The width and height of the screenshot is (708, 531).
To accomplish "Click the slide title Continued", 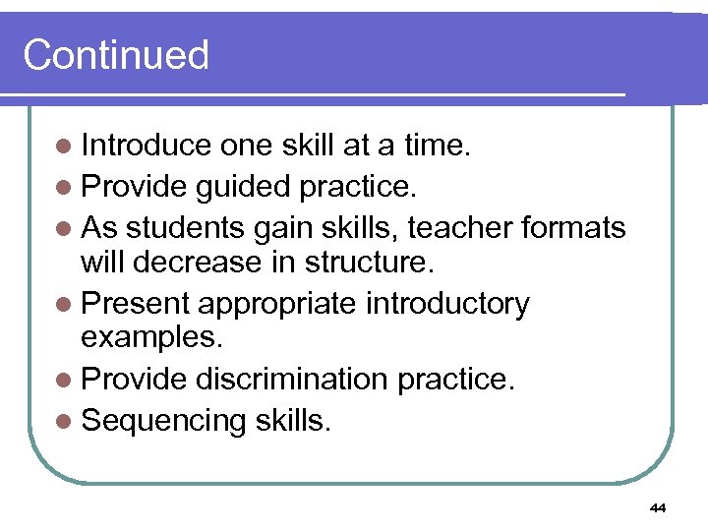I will [116, 55].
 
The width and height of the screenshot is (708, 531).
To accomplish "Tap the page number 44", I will [658, 507].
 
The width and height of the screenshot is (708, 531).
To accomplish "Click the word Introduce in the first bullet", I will [147, 146].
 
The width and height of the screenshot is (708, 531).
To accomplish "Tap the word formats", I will [573, 228].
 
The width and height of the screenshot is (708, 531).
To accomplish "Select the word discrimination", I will [294, 380].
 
